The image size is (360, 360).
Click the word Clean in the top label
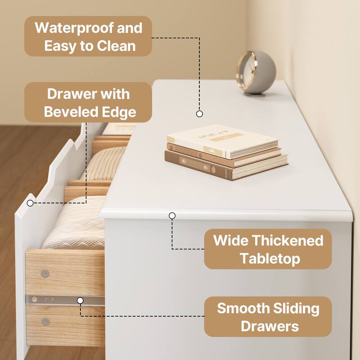(x=116, y=46)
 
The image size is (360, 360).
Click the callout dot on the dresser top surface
(x=199, y=114)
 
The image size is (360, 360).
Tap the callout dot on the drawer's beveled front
(x=30, y=202)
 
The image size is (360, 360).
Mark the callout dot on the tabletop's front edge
(x=172, y=216)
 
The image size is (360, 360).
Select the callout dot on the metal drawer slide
(x=80, y=300)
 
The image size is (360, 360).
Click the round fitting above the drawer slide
(x=45, y=273)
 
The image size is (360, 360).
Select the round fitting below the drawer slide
(x=45, y=321)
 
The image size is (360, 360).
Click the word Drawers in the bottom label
(x=270, y=326)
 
